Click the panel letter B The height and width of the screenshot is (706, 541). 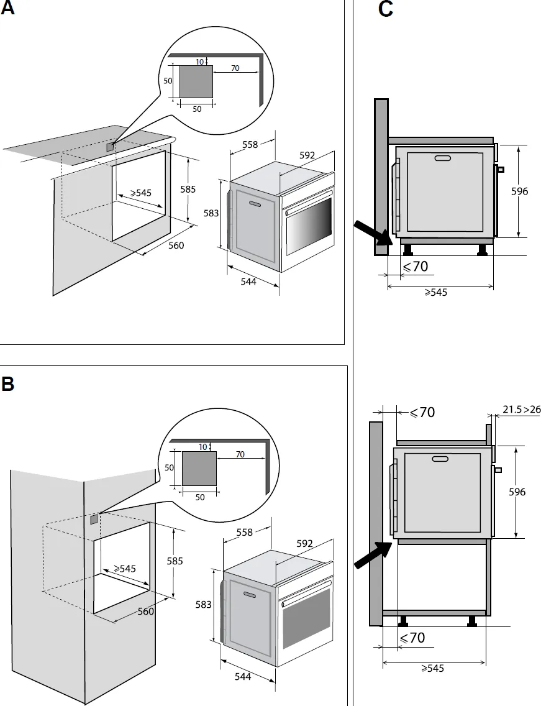[7, 383]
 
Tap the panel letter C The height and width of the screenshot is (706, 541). [385, 10]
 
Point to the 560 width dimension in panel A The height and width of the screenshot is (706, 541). [176, 245]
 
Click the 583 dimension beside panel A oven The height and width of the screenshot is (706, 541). [211, 213]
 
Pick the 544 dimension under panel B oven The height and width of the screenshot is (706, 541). [243, 677]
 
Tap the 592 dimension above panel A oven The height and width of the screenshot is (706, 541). [307, 155]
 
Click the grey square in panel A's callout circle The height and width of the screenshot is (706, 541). [196, 81]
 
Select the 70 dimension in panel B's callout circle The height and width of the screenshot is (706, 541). [240, 454]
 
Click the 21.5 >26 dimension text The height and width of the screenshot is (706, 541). [521, 409]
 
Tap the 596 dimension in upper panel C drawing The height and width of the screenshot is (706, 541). [519, 191]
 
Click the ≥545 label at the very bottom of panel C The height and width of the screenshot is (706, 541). [433, 669]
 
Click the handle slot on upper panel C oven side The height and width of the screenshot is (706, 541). [443, 158]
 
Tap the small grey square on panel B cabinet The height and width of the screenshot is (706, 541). [93, 519]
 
